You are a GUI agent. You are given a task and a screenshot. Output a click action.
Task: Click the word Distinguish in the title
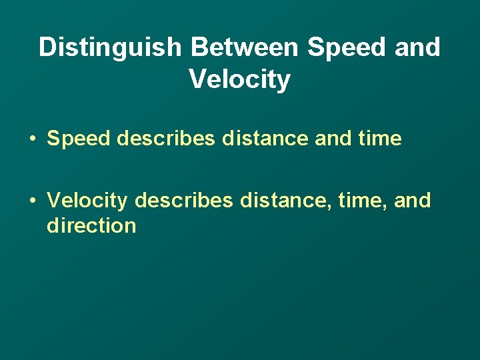[x=109, y=47]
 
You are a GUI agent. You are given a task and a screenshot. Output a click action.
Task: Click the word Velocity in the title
[x=240, y=79]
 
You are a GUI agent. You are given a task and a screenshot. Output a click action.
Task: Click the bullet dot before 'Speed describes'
[x=32, y=139]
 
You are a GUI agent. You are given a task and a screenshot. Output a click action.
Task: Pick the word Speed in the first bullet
[x=79, y=139]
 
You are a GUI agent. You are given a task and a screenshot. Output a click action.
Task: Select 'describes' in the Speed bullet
[x=166, y=139]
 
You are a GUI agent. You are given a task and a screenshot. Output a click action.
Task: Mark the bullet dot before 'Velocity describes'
[x=32, y=200]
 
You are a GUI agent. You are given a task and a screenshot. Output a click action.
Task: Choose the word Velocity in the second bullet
[x=87, y=200]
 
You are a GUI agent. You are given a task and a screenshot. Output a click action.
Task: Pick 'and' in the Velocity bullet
[x=413, y=200]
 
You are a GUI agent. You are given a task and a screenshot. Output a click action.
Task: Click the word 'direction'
[x=91, y=225]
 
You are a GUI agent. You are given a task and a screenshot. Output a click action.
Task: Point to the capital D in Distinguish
[x=47, y=47]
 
